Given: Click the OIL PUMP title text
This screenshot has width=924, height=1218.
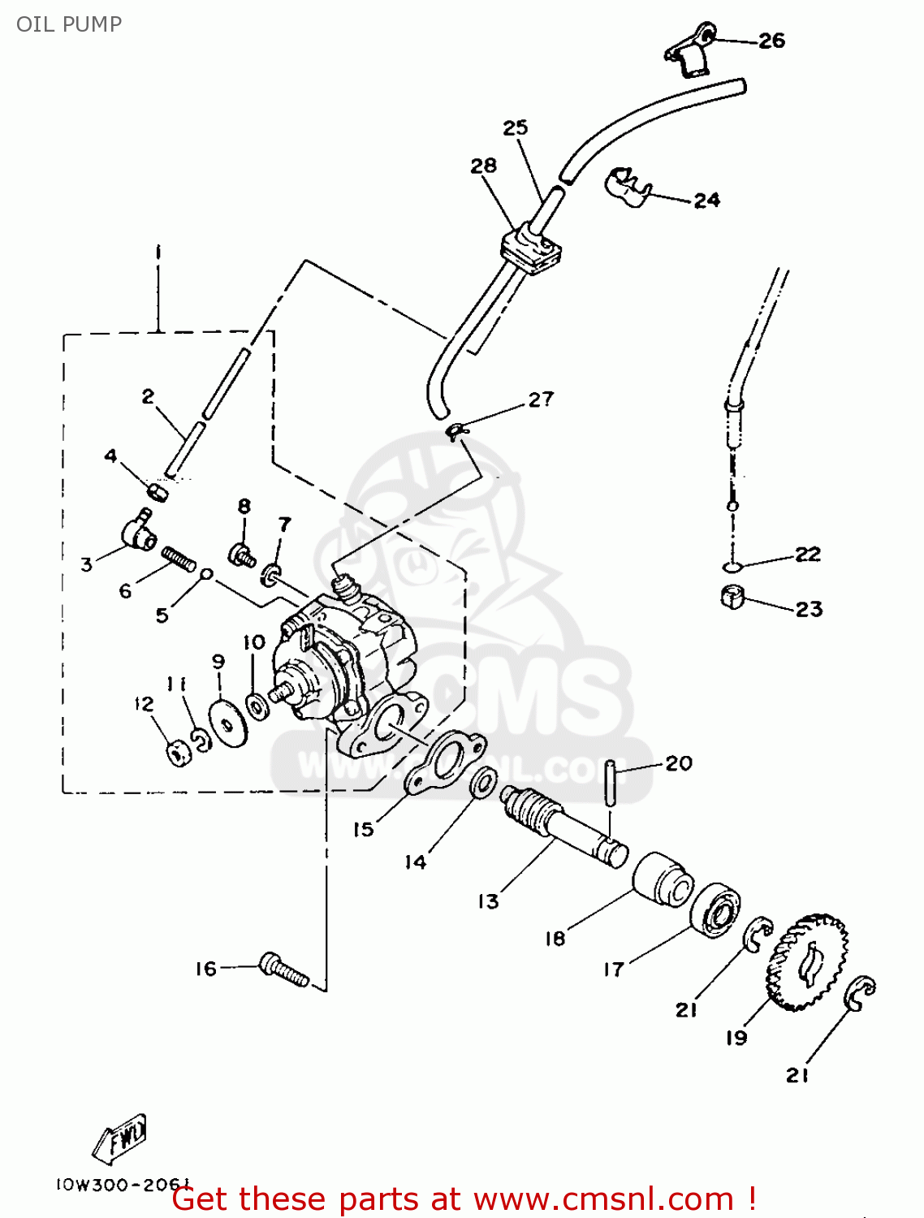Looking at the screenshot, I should pyautogui.click(x=69, y=24).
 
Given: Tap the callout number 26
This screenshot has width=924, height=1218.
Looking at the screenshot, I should pyautogui.click(x=771, y=41).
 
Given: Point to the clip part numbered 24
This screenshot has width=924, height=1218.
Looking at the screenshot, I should pyautogui.click(x=628, y=186).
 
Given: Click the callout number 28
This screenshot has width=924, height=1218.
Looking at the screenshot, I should pyautogui.click(x=483, y=166).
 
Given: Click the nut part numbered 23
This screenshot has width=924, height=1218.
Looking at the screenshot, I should pyautogui.click(x=732, y=598).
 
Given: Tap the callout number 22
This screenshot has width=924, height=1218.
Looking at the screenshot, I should pyautogui.click(x=807, y=555).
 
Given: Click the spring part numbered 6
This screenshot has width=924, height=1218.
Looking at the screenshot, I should pyautogui.click(x=179, y=559).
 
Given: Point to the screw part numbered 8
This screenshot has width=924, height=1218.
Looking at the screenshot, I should pyautogui.click(x=242, y=555).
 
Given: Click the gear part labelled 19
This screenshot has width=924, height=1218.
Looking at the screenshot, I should pyautogui.click(x=806, y=963).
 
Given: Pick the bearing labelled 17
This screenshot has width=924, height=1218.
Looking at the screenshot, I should pyautogui.click(x=716, y=909).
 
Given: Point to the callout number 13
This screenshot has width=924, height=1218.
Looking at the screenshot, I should pyautogui.click(x=488, y=901).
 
